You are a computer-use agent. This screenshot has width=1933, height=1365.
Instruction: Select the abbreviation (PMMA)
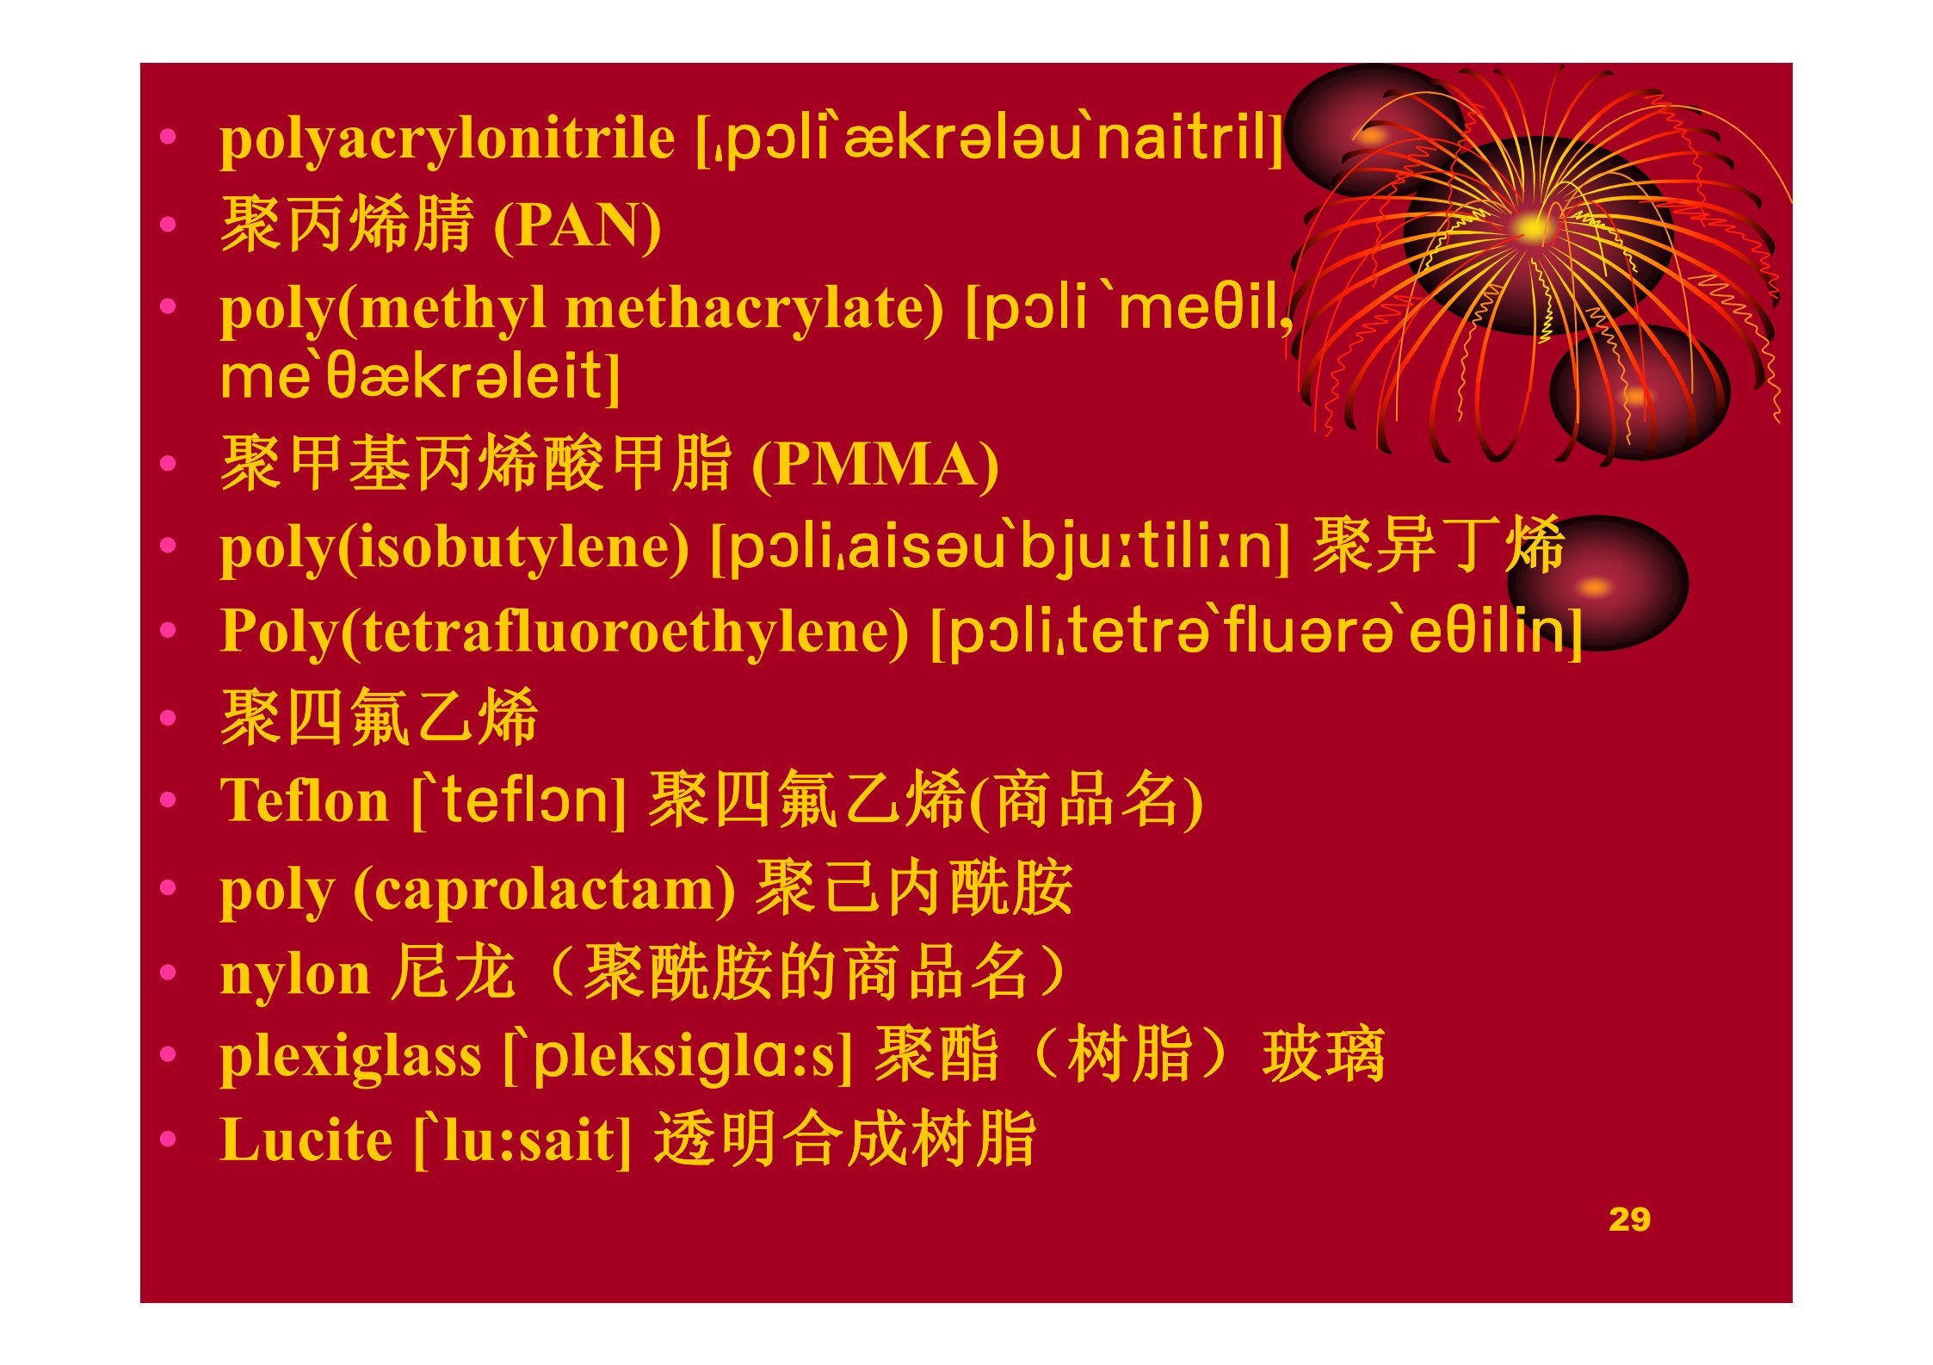pyautogui.click(x=875, y=466)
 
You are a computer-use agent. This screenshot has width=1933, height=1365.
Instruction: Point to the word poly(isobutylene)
pyautogui.click(x=454, y=549)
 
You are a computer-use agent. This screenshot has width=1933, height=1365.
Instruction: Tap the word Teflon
pyautogui.click(x=305, y=801)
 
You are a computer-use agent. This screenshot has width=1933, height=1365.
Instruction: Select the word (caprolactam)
pyautogui.click(x=544, y=890)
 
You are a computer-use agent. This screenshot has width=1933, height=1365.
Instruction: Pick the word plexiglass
pyautogui.click(x=351, y=1058)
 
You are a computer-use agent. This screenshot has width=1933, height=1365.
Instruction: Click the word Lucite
pyautogui.click(x=306, y=1140)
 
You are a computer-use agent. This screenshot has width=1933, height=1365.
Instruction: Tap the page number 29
pyautogui.click(x=1629, y=1220)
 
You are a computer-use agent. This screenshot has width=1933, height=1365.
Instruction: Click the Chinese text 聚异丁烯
pyautogui.click(x=1438, y=546)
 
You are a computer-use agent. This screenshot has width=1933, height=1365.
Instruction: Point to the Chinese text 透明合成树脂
pyautogui.click(x=845, y=1140)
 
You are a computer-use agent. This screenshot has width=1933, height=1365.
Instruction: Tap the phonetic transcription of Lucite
pyautogui.click(x=522, y=1142)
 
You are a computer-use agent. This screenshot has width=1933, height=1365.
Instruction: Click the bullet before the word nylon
pyautogui.click(x=168, y=973)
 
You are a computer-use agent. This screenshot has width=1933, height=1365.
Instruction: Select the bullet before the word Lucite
pyautogui.click(x=168, y=1140)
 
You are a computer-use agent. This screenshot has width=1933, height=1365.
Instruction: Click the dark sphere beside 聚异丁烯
pyautogui.click(x=1597, y=584)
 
